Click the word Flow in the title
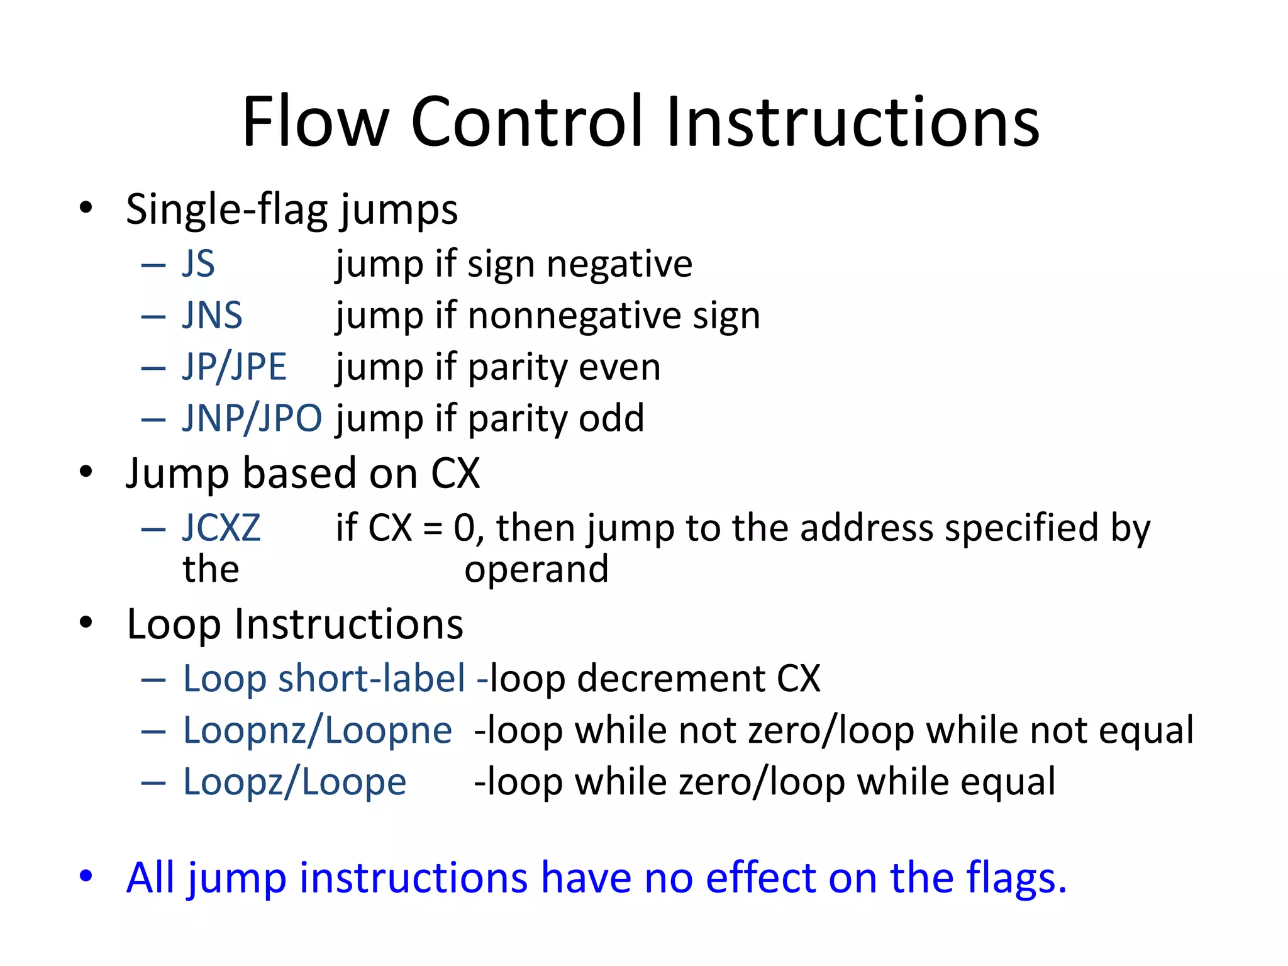point(315,121)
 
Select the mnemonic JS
point(199,264)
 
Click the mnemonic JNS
point(212,315)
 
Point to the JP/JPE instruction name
point(234,367)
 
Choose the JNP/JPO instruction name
point(252,418)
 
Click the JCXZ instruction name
point(221,528)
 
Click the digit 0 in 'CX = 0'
point(464,528)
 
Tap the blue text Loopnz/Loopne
point(317,731)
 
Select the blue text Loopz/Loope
point(294,782)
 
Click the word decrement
point(670,679)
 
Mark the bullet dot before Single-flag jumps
point(86,208)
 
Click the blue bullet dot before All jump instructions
point(86,875)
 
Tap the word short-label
point(371,679)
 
